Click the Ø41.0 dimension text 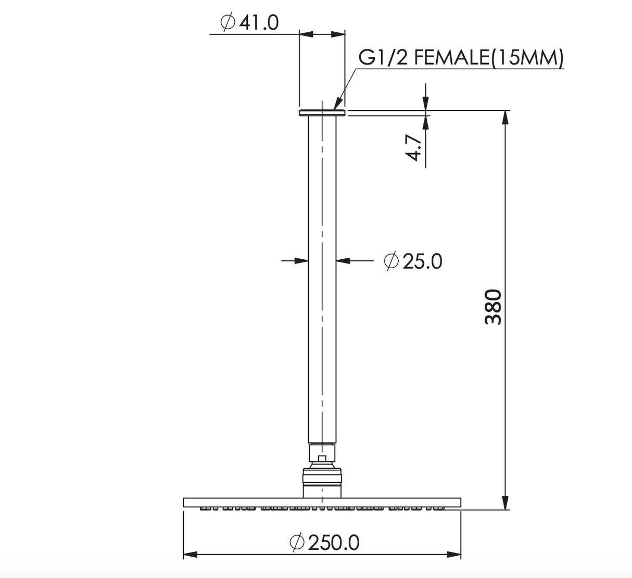(x=249, y=22)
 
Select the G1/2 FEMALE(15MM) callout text (x=461, y=58)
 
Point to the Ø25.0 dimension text (x=413, y=261)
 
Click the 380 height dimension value (x=493, y=307)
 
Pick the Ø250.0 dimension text (x=324, y=543)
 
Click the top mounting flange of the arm (x=322, y=112)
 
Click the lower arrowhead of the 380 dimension (x=504, y=502)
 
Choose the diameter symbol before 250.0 (x=297, y=542)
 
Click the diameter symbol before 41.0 (x=226, y=22)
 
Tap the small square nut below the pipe (x=322, y=458)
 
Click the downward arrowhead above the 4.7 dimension (x=425, y=104)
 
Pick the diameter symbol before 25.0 (x=391, y=261)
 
